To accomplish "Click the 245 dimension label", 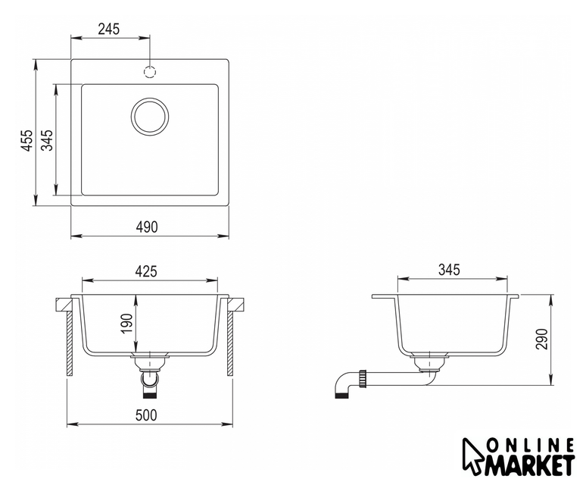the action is coord(109,29).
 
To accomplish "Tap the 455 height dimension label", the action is coord(26,141).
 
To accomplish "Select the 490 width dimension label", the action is coord(147,227).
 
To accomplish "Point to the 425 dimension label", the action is coord(146,271).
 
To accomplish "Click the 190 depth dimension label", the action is coord(127,324).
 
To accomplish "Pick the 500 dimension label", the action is coord(146,415).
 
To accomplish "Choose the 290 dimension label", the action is coord(541,339).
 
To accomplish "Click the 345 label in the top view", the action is coord(47,140).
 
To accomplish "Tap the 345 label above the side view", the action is coord(449,270).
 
